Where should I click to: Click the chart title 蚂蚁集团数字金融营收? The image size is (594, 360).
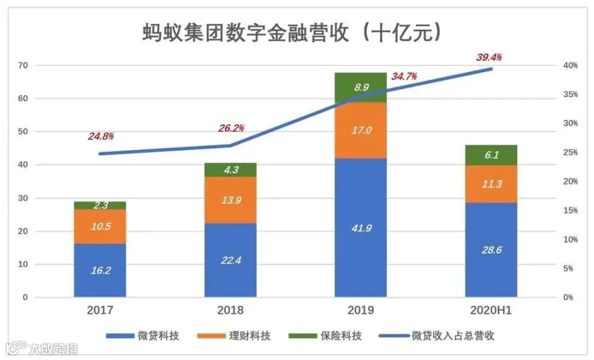[x=245, y=32]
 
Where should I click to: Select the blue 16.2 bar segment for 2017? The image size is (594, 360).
[x=100, y=270]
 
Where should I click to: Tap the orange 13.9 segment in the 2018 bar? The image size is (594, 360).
[x=230, y=200]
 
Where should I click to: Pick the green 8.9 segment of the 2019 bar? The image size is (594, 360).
[x=360, y=87]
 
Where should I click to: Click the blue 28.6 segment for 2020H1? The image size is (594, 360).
[x=491, y=250]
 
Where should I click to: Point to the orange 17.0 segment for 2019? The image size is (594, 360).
[x=360, y=130]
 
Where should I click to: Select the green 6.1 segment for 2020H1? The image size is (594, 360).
[x=491, y=155]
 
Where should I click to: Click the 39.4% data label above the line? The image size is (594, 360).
[x=489, y=57]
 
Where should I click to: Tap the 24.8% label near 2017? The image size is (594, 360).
[x=101, y=136]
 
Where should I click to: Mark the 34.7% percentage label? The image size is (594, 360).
[x=404, y=77]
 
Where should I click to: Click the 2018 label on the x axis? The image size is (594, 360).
[x=230, y=310]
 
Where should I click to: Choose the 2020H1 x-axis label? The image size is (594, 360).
[x=491, y=310]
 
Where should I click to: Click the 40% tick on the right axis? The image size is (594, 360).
[x=570, y=65]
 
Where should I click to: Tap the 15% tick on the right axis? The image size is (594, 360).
[x=570, y=210]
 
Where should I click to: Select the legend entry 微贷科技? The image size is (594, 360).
[x=143, y=336]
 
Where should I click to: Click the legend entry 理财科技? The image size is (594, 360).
[x=234, y=336]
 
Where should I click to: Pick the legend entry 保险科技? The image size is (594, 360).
[x=325, y=336]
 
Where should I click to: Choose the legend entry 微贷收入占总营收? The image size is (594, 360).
[x=436, y=336]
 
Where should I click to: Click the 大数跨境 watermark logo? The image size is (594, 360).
[x=42, y=348]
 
